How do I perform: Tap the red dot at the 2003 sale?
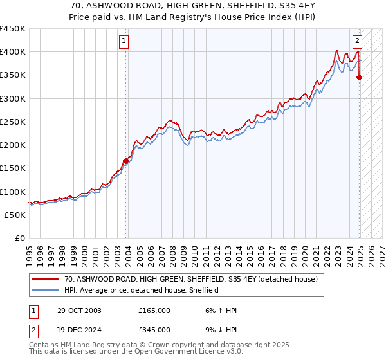click(x=126, y=161)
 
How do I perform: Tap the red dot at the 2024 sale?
click(x=359, y=77)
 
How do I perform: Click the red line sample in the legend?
click(x=46, y=280)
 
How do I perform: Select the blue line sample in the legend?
click(x=46, y=290)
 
